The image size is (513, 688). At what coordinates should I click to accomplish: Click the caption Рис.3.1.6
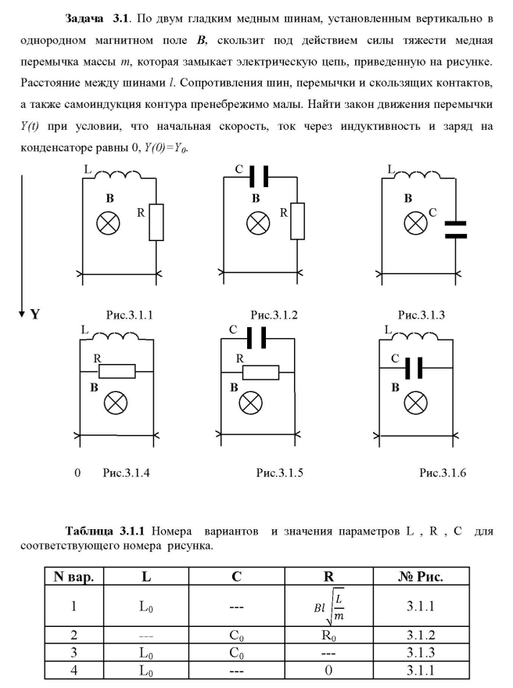(x=443, y=473)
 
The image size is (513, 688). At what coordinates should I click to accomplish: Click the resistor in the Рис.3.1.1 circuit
(x=156, y=222)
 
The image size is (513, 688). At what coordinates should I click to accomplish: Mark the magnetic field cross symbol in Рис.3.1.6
(x=415, y=403)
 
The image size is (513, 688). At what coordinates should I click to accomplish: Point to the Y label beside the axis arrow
(x=35, y=315)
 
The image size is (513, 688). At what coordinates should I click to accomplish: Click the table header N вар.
(x=74, y=578)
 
